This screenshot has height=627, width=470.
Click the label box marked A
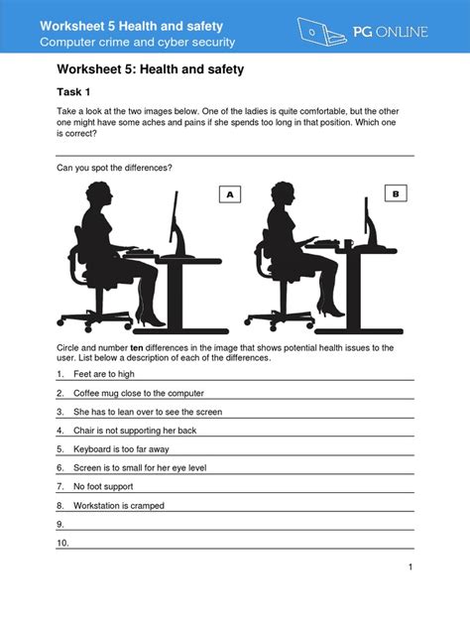click(230, 195)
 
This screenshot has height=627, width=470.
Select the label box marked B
click(395, 195)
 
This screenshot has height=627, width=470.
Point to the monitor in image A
click(175, 223)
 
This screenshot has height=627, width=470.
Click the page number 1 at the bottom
click(410, 566)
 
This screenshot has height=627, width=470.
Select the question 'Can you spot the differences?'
click(114, 168)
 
